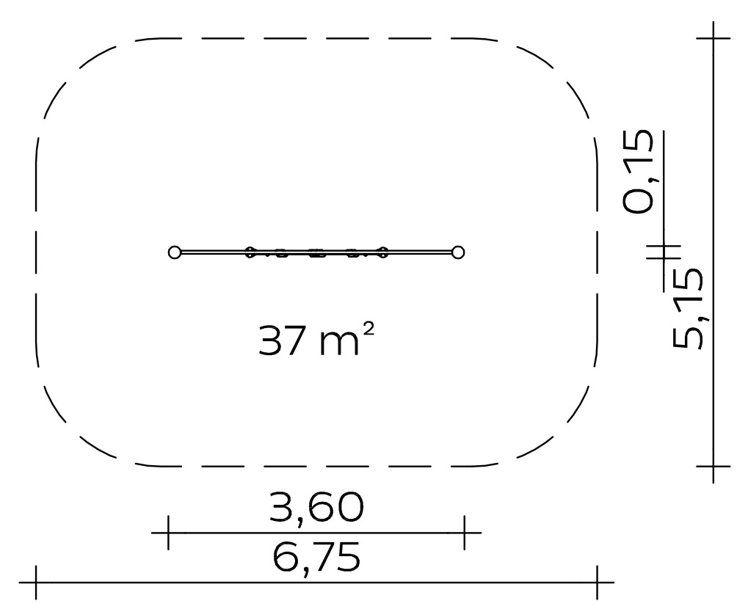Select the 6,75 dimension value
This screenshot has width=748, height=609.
(317, 558)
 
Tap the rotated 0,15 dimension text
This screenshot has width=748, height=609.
(638, 171)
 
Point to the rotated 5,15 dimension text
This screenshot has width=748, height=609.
(687, 308)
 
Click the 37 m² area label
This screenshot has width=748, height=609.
(316, 340)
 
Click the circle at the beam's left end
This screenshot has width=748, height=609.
(175, 252)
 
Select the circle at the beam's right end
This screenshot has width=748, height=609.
(458, 252)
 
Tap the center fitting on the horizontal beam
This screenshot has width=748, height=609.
(316, 252)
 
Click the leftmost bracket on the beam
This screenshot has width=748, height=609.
(250, 252)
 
